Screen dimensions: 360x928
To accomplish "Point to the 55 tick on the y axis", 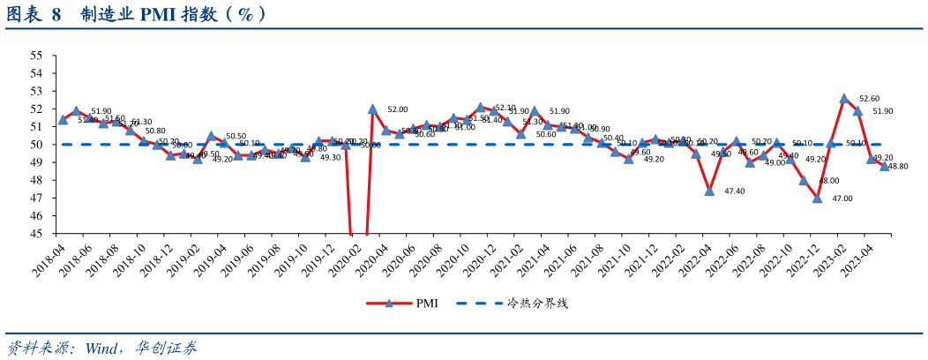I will (36, 56).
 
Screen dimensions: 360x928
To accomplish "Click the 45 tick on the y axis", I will (36, 234).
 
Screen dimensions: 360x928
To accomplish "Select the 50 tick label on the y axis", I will (36, 145).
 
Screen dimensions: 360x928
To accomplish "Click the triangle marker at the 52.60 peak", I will (844, 99).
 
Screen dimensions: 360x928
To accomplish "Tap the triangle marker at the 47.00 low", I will (818, 199).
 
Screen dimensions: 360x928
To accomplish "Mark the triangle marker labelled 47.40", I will (709, 191).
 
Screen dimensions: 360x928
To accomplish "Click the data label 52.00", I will (398, 109).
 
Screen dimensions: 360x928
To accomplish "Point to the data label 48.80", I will (899, 166).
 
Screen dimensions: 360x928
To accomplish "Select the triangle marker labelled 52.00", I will (372, 109).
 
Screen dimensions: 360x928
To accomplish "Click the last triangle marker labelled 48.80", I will (885, 166).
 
